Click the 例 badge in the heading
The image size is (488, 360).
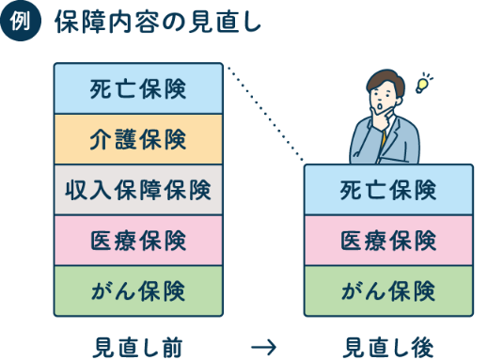click(21, 23)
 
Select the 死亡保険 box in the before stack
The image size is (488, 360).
click(138, 89)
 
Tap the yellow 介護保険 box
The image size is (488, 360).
click(138, 139)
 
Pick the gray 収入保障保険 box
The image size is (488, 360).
click(138, 190)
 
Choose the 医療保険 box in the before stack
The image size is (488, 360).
click(138, 241)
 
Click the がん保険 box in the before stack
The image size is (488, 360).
click(138, 290)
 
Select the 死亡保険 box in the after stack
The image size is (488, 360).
click(388, 191)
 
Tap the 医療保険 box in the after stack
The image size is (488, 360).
click(388, 241)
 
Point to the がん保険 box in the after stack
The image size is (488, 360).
click(388, 290)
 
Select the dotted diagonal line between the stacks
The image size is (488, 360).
click(264, 114)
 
